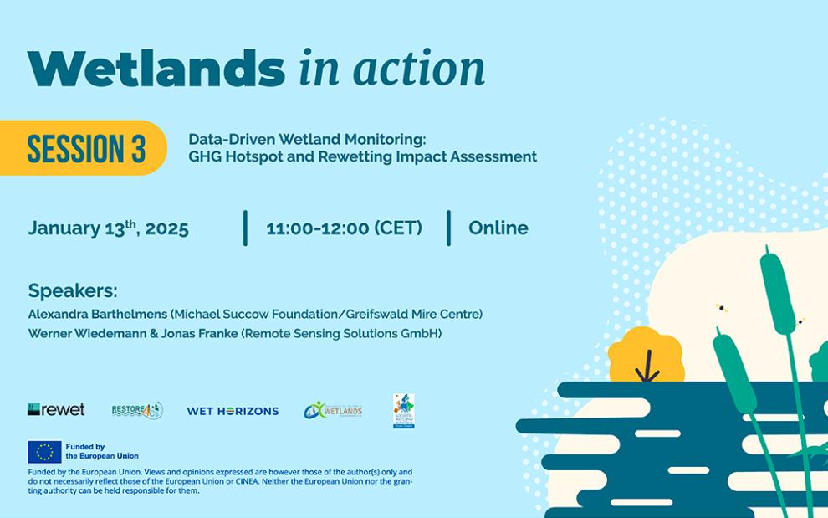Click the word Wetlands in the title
coord(144,69)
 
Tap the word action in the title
coord(417,69)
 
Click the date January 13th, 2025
coord(108,228)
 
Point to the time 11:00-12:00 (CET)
coord(344,228)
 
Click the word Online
coord(498,228)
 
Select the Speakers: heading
coord(73,291)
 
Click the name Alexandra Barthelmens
coord(97,315)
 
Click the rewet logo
coord(56,409)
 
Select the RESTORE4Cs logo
coord(137,410)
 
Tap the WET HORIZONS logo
coord(233,411)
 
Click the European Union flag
coord(44,452)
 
